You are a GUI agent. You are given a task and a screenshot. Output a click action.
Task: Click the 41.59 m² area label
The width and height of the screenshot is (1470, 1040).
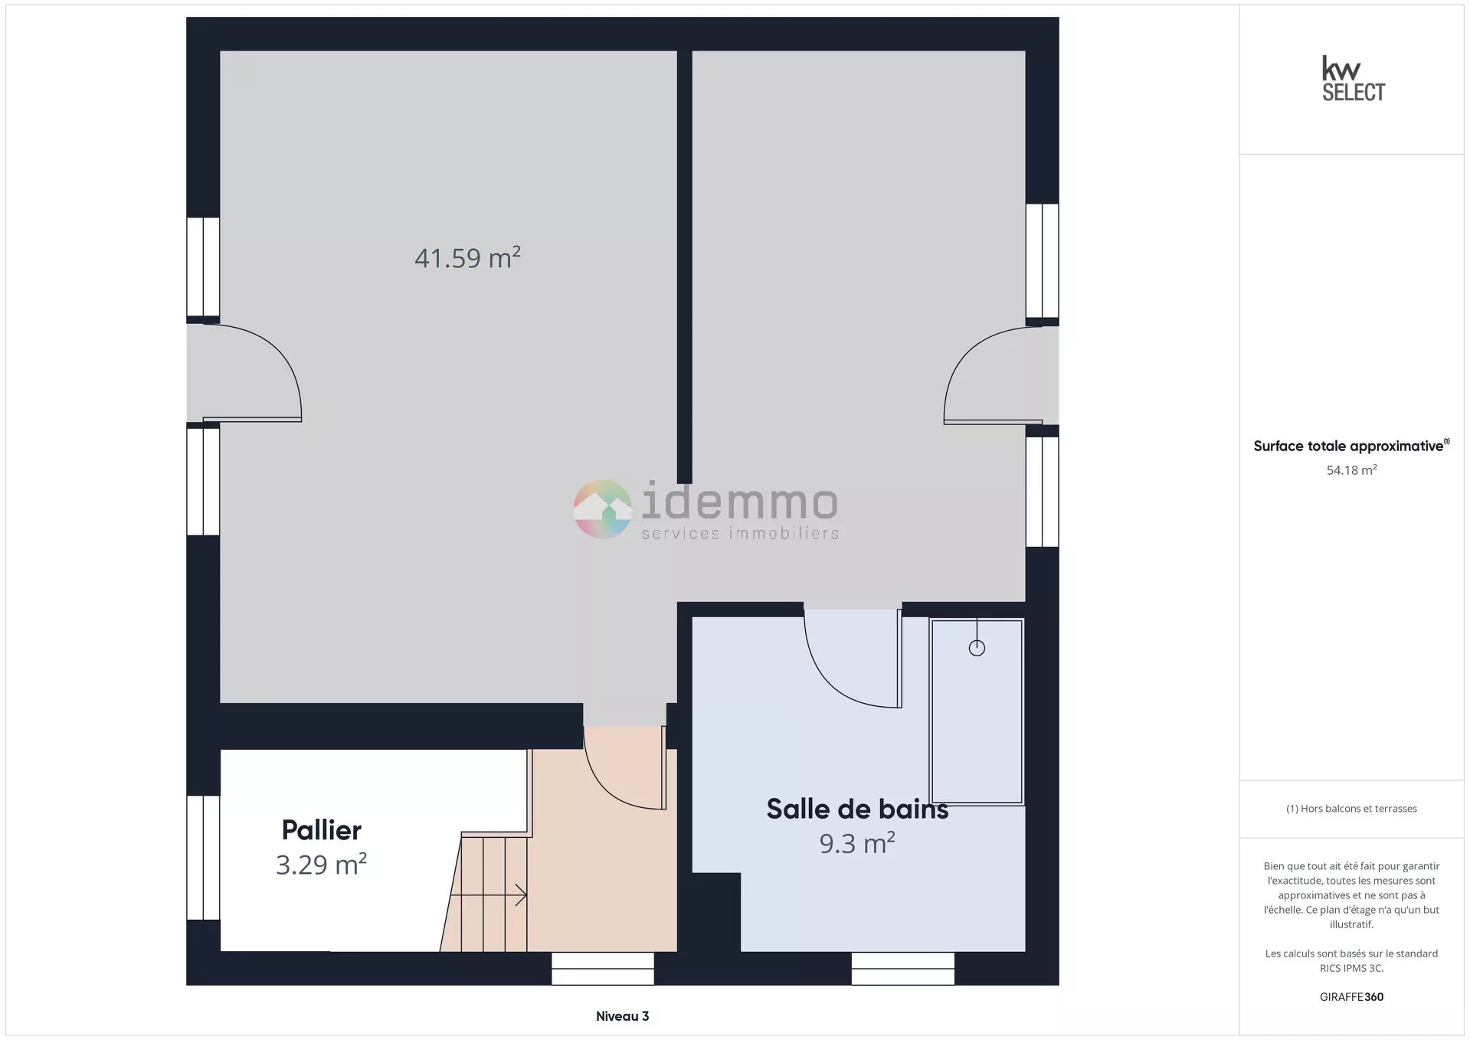coord(467,258)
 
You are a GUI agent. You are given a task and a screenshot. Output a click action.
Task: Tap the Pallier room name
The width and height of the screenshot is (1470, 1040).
coord(321,830)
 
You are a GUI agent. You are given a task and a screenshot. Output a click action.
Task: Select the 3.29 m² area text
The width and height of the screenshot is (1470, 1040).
coord(321,865)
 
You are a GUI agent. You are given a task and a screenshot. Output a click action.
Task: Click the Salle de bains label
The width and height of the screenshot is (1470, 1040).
coord(857,809)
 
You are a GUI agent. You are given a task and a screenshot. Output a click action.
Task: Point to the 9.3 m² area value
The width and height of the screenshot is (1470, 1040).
coord(857,843)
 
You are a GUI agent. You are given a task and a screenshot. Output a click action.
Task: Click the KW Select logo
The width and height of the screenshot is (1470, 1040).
coord(1353,78)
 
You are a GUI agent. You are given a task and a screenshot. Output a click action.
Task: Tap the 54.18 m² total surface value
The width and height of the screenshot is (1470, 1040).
coord(1351,470)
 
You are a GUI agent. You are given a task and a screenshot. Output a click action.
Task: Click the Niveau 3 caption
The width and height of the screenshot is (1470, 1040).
coord(622,1016)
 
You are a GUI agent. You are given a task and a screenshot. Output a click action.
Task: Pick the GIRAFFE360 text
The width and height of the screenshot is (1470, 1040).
coord(1351,997)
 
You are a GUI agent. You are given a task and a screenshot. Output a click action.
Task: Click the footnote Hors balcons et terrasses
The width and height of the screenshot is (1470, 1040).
coord(1351,809)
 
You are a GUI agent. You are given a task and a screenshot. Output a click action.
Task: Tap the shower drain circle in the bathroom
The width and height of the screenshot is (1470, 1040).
coord(977,648)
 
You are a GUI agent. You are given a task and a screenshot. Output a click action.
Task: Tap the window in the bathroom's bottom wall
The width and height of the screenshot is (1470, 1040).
coord(902,969)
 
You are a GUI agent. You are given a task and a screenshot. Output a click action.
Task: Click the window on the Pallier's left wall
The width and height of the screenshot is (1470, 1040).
coord(203,858)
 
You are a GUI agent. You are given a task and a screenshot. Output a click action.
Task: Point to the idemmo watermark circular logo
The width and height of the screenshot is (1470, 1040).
coord(603,509)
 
